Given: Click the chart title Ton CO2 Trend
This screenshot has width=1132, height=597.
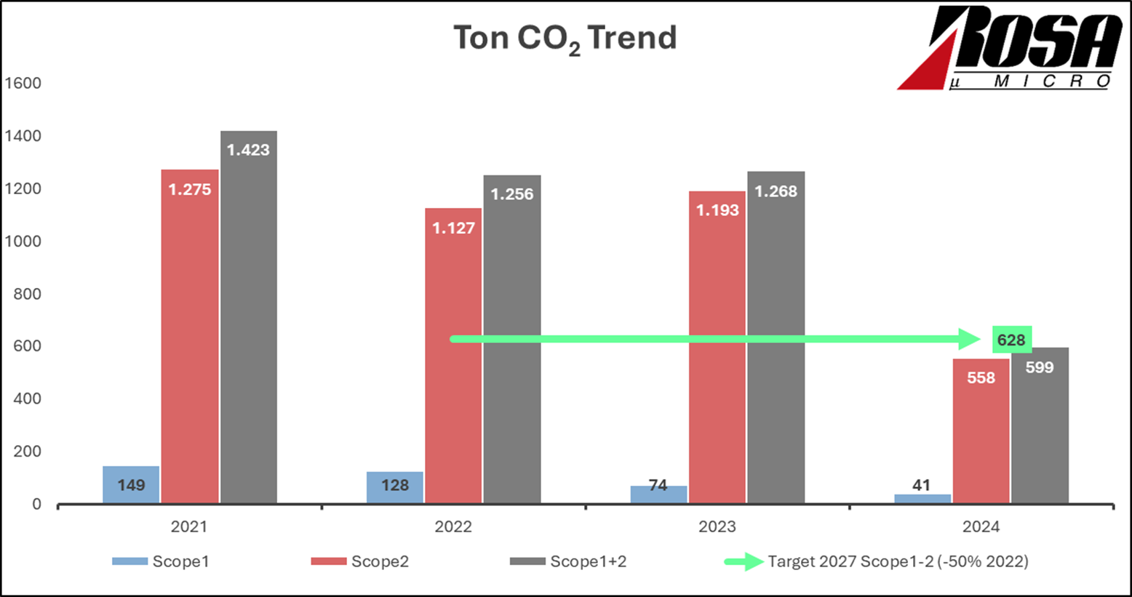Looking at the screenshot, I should [565, 38].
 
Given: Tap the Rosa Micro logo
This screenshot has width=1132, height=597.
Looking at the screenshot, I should [1010, 49].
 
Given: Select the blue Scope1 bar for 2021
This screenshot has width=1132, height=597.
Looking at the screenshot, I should [131, 484].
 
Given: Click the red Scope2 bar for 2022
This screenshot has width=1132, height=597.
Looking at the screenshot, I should [453, 356].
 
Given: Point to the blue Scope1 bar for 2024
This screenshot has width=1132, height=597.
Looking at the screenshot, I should [922, 499].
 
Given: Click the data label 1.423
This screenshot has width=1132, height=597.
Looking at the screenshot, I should [248, 150].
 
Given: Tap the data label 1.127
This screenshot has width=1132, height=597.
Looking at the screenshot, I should [453, 228].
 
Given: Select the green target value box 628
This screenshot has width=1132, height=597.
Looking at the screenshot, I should [1011, 340].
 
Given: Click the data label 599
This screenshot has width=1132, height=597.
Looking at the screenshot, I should [1040, 367].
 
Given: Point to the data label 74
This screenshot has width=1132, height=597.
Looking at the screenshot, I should [658, 485].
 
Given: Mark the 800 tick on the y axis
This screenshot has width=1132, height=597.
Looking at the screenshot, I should [27, 294].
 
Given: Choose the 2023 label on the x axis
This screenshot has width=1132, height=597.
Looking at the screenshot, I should [717, 526].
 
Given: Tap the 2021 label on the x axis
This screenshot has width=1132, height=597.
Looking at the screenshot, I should [189, 526].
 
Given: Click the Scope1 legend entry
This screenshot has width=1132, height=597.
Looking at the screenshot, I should [161, 561].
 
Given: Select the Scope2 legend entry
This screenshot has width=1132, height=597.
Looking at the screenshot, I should [360, 561].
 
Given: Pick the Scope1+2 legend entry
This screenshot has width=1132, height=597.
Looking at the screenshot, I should [568, 561].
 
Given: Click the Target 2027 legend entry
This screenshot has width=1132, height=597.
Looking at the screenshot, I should [877, 561].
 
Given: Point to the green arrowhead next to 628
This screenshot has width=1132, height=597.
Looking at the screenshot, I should [970, 339].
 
